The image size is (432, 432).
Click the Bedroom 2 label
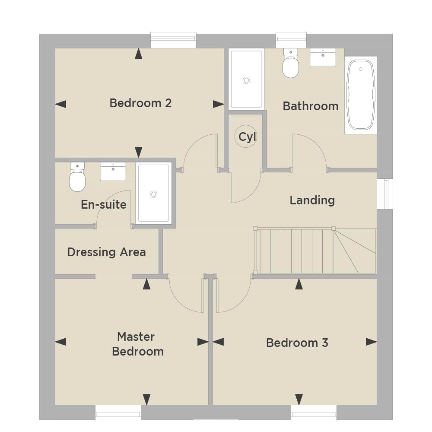(140, 103)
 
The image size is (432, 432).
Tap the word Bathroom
(311, 106)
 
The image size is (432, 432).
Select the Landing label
(312, 200)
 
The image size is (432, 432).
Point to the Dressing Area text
(106, 252)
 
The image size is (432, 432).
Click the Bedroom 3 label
(297, 343)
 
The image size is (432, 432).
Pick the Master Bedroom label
(138, 344)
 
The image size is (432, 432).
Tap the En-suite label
(104, 204)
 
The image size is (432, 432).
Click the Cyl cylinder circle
(246, 136)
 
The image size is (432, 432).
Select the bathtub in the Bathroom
(361, 95)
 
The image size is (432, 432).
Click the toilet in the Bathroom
(291, 63)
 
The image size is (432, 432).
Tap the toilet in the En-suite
(77, 177)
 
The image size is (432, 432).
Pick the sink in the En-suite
(113, 172)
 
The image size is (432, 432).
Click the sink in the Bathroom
(323, 57)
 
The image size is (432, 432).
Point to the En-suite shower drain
(153, 194)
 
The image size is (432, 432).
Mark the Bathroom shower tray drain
(246, 80)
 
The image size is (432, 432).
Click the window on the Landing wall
(385, 194)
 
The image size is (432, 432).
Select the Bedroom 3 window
(314, 413)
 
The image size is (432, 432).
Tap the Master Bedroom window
(118, 413)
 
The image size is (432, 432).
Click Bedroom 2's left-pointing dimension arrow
(60, 104)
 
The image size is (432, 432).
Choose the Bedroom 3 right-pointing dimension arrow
(372, 342)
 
